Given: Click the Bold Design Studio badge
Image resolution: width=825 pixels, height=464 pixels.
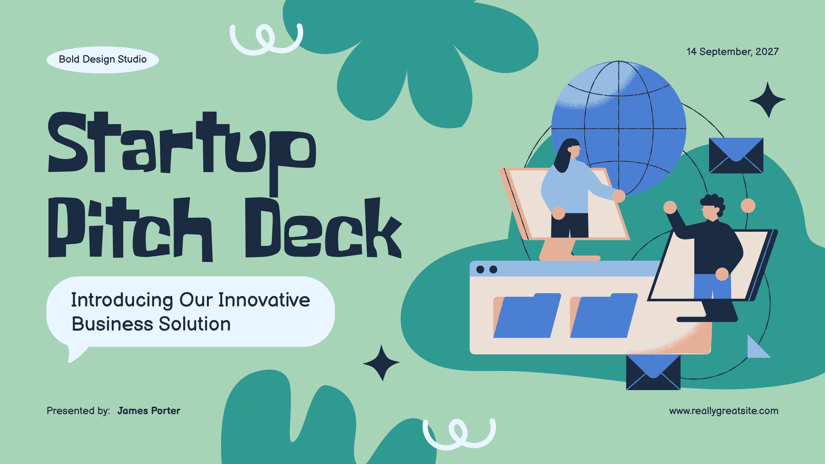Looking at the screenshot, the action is pyautogui.click(x=103, y=59).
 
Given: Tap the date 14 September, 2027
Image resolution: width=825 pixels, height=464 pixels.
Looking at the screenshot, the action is pyautogui.click(x=732, y=52).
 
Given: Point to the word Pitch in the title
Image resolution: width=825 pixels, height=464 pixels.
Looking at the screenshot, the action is pyautogui.click(x=130, y=229).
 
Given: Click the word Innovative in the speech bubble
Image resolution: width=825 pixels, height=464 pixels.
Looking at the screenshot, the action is pyautogui.click(x=264, y=300).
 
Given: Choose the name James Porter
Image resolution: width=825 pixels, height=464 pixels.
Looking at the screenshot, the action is pyautogui.click(x=149, y=410).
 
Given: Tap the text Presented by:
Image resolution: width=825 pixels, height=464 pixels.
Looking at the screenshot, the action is pyautogui.click(x=78, y=411).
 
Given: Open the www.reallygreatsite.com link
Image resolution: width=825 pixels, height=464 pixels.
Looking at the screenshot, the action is pyautogui.click(x=724, y=411).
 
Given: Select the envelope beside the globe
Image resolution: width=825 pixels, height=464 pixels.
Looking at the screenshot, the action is pyautogui.click(x=736, y=155).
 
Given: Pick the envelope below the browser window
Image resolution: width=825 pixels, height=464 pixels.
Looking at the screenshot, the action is pyautogui.click(x=653, y=372).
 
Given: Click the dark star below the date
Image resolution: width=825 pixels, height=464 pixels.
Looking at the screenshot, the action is pyautogui.click(x=768, y=100).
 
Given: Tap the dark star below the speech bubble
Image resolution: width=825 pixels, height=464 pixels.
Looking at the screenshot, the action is pyautogui.click(x=381, y=363).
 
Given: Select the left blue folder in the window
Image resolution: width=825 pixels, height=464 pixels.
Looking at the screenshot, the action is pyautogui.click(x=526, y=316).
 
